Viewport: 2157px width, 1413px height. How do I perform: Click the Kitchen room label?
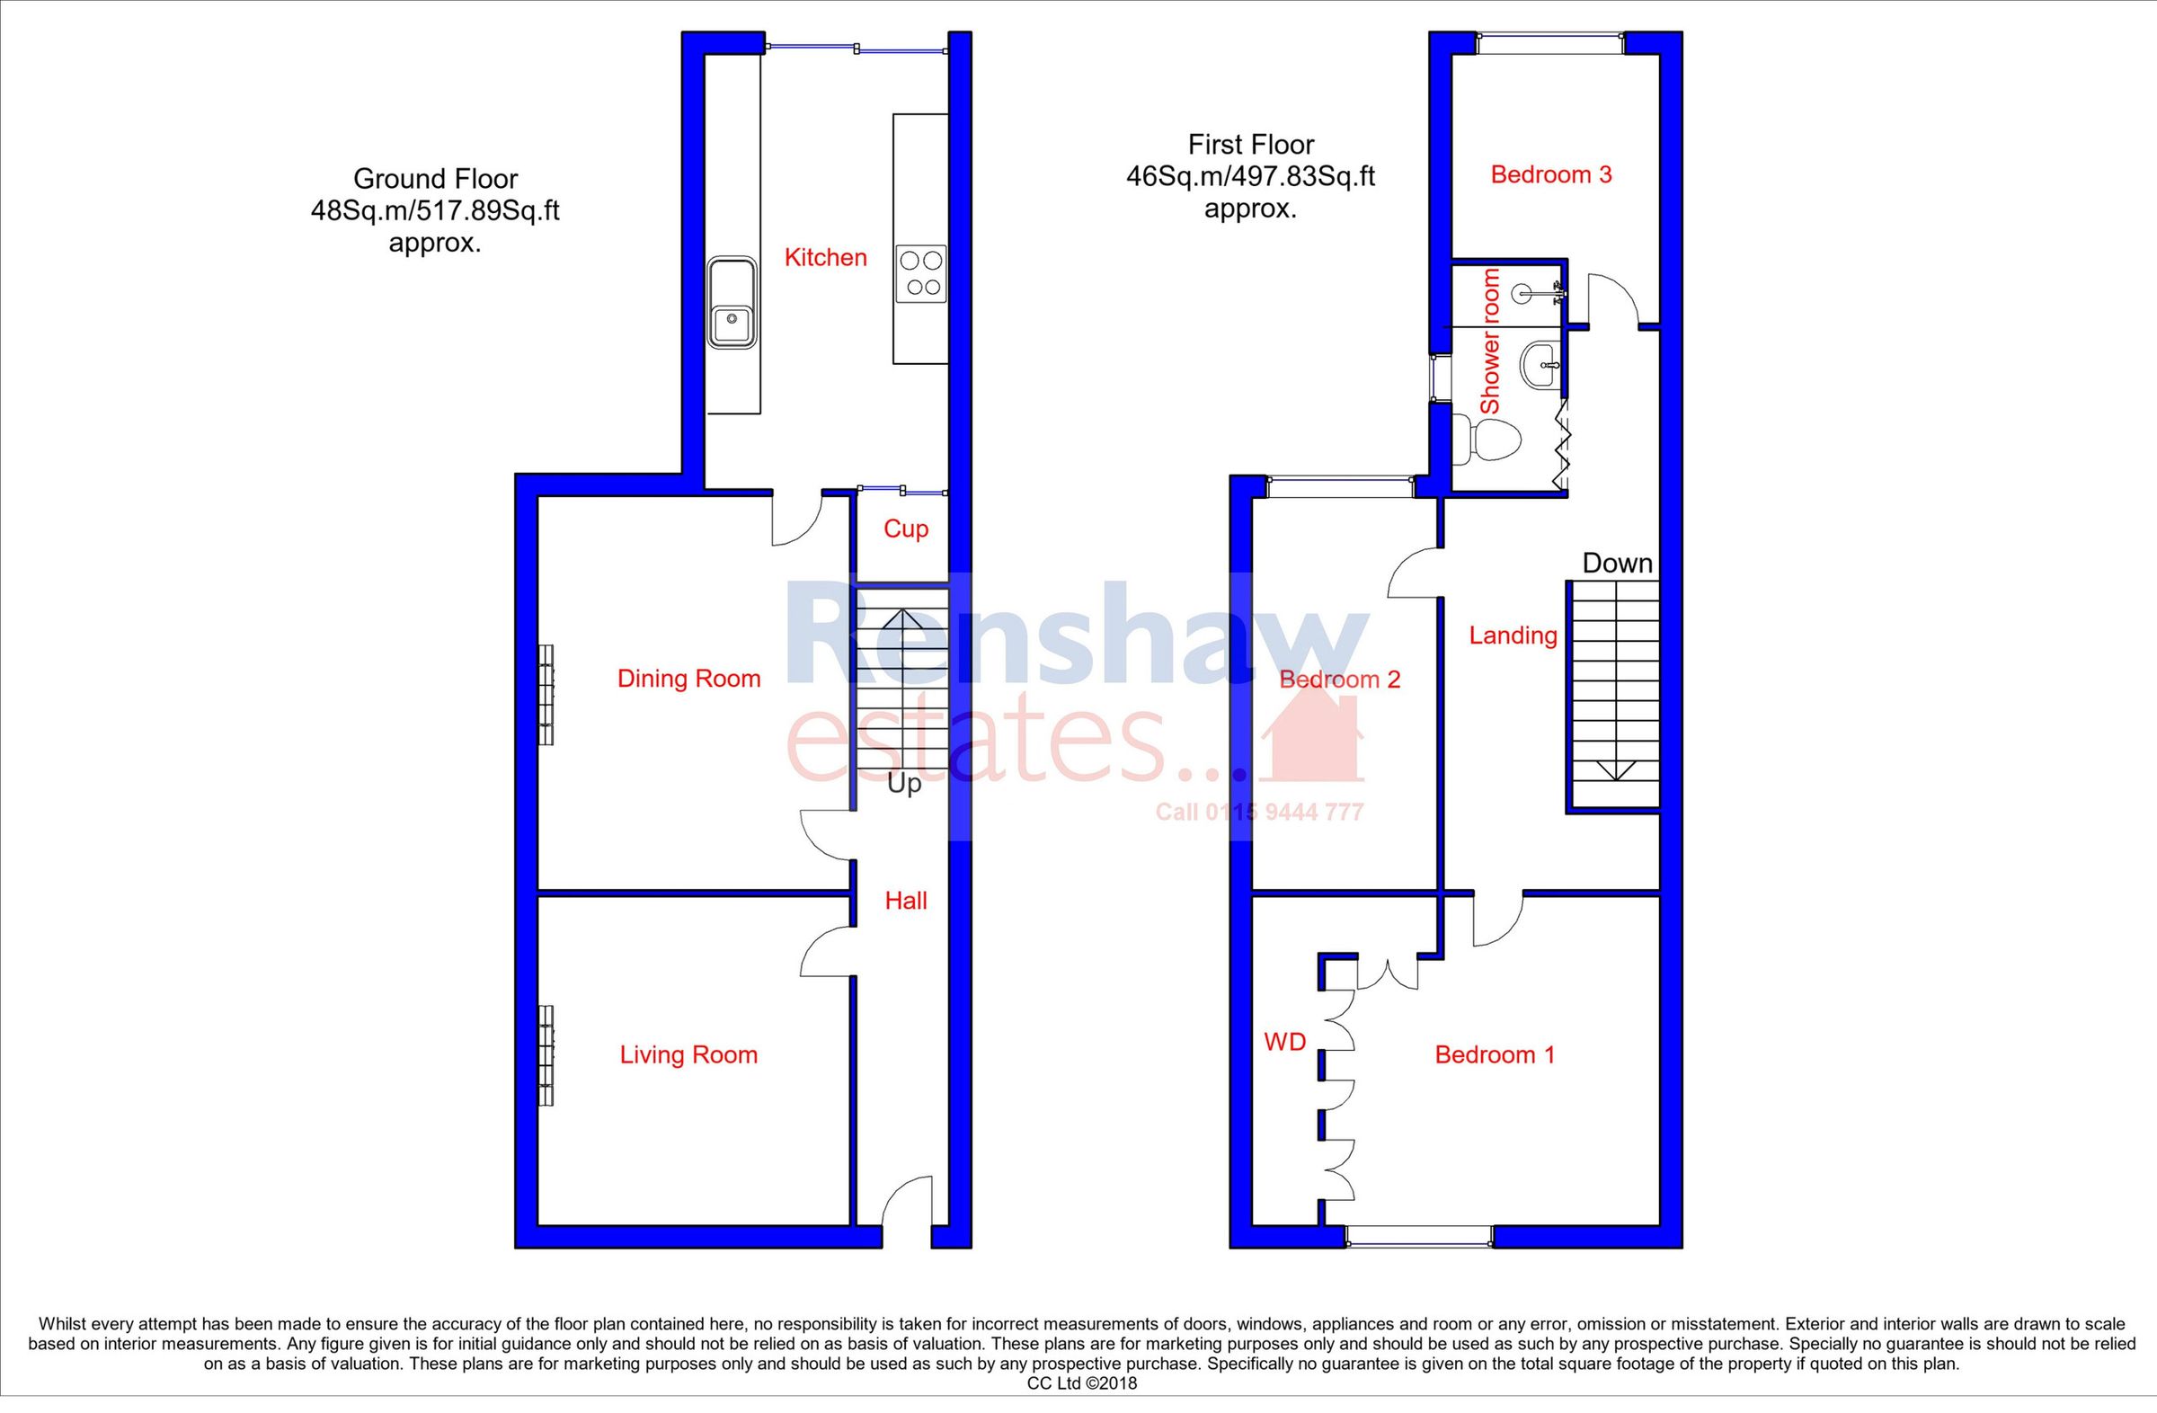pos(825,258)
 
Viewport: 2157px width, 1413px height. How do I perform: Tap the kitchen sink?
pos(732,302)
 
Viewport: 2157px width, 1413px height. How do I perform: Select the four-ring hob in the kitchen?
pos(920,274)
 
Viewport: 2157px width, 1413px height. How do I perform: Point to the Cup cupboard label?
pos(905,529)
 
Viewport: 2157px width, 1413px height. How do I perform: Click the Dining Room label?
pos(688,679)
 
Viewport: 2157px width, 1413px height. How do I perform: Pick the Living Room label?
pos(688,1055)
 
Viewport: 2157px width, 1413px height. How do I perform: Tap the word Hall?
pos(905,901)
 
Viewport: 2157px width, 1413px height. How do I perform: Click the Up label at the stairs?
pos(903,784)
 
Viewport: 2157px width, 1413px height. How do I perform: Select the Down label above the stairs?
pos(1617,564)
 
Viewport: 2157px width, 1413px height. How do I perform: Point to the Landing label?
pos(1513,636)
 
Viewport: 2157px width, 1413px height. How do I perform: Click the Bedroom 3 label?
pos(1550,175)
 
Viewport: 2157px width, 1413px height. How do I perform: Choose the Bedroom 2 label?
pos(1339,680)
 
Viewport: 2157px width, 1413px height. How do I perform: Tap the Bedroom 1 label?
pos(1495,1055)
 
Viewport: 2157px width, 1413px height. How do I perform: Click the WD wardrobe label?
pos(1284,1044)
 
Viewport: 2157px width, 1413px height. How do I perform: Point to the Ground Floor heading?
pos(435,179)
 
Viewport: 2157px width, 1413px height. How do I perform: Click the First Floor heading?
pos(1250,145)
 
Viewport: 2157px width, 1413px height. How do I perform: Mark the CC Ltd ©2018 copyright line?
pos(1081,1384)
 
